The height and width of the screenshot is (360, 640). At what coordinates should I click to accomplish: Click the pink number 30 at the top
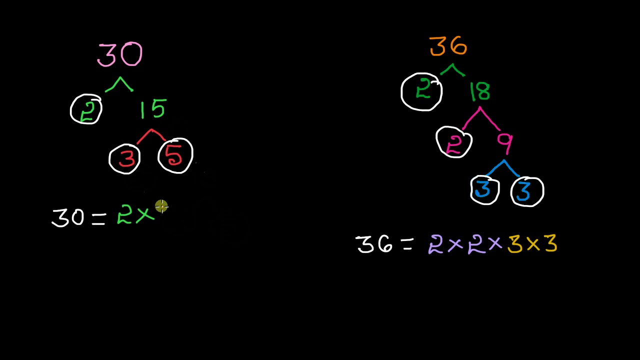tap(119, 54)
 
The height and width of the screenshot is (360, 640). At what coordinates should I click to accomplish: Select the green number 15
tap(153, 109)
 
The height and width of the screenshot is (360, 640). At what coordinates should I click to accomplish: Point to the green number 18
tap(480, 91)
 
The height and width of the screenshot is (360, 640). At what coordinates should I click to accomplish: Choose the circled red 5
tap(175, 155)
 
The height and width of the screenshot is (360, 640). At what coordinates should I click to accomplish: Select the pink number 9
tap(505, 143)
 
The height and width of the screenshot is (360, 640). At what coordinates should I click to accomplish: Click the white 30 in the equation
tap(67, 217)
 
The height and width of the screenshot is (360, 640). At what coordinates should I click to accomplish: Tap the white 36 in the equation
tap(374, 244)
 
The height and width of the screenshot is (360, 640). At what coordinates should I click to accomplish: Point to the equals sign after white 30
tap(98, 219)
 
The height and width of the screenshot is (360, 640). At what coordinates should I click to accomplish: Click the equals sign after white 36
tap(407, 244)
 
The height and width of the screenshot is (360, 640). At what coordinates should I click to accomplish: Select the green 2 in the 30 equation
tap(124, 214)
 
